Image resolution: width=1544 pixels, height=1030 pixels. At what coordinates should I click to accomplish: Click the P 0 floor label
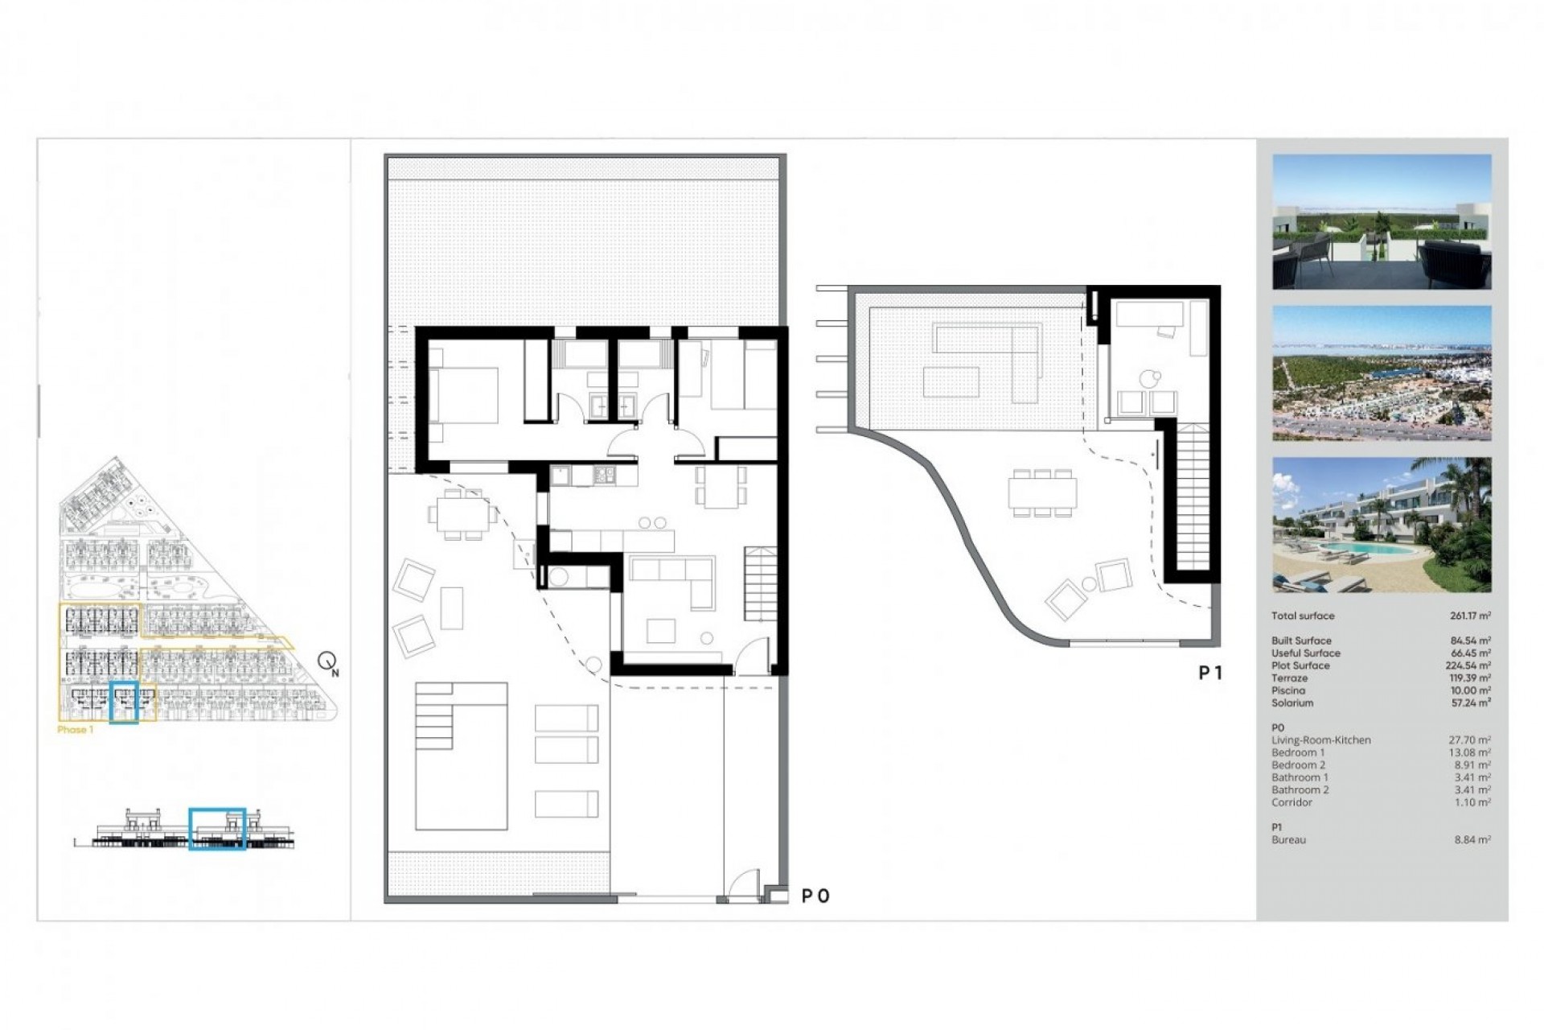pos(815,896)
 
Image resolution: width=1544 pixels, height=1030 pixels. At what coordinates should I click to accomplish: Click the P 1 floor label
pos(1210,673)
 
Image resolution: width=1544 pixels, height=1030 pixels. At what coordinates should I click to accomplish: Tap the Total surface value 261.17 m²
pos(1470,616)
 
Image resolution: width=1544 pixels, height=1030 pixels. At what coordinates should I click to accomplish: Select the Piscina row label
pos(1288,690)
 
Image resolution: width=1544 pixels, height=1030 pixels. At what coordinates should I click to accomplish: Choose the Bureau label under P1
pos(1288,840)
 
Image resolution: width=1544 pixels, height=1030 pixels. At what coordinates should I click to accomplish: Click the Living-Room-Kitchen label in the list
pos(1320,740)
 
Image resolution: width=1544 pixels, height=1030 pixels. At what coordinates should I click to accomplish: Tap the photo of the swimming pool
pos(1382,525)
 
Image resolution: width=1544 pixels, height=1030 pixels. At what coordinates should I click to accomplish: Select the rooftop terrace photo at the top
pos(1382,222)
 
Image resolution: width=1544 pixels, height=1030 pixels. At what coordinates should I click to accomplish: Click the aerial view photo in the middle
pos(1382,373)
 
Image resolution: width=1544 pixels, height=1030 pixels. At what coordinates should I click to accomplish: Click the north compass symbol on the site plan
pos(327,662)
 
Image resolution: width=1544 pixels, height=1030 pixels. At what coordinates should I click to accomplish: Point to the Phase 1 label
pos(76,730)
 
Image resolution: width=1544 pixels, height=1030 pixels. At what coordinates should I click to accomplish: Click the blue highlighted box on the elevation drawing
pos(217,829)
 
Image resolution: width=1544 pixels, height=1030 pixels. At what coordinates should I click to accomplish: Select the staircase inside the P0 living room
pos(760,583)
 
